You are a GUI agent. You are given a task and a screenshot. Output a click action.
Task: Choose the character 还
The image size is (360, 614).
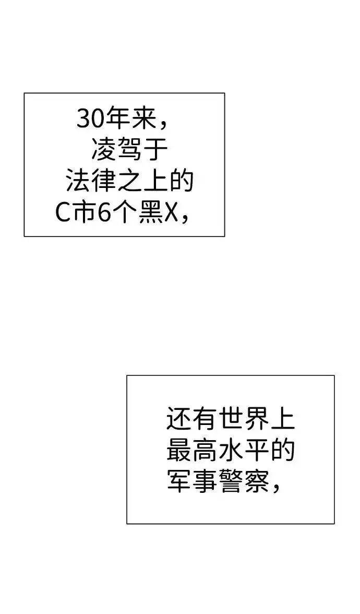(179, 418)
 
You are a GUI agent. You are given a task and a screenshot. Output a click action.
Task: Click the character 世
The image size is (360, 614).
(231, 418)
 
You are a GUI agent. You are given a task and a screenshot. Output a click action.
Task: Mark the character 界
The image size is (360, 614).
(257, 418)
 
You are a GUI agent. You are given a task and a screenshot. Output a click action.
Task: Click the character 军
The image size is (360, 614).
(179, 480)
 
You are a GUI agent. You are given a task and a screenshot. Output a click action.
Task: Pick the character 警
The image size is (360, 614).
(231, 480)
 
